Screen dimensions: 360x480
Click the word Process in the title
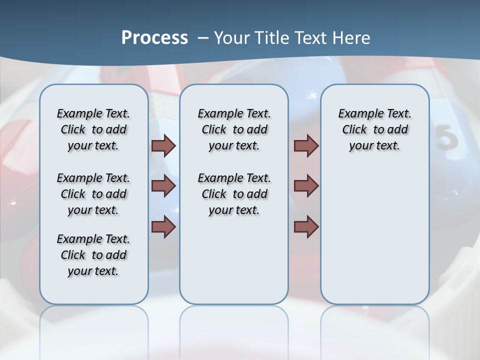[154, 37]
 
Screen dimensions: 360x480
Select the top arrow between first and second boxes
[163, 145]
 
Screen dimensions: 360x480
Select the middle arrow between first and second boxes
[163, 186]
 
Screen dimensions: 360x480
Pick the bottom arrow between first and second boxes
[163, 226]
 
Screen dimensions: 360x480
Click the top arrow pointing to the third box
[306, 145]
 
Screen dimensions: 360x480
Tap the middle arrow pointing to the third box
[306, 186]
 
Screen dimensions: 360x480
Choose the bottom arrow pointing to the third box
[306, 226]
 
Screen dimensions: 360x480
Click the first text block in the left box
[93, 129]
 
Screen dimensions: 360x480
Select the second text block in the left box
[93, 194]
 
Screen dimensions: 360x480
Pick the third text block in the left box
[93, 255]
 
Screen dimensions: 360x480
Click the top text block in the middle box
[234, 129]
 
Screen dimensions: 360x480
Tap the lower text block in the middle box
[234, 194]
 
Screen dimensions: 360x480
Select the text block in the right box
[374, 129]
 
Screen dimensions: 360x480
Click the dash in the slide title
[203, 38]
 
